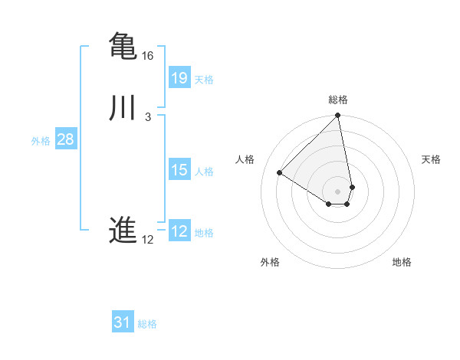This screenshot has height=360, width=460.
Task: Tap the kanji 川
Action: click(x=123, y=108)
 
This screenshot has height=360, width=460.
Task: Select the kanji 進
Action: click(x=123, y=231)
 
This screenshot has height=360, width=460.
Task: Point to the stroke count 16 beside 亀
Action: click(x=148, y=56)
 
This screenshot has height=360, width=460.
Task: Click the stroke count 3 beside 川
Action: click(x=147, y=117)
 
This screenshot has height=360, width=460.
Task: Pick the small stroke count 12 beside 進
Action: click(x=148, y=240)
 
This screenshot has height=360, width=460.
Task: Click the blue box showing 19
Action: click(x=179, y=77)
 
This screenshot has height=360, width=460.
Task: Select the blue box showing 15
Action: click(x=179, y=170)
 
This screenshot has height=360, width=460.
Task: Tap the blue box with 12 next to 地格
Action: click(x=179, y=231)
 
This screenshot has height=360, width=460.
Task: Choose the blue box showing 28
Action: click(x=65, y=139)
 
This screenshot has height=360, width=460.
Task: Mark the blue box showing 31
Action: click(x=123, y=322)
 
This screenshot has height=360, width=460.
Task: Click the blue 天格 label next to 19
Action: click(x=204, y=80)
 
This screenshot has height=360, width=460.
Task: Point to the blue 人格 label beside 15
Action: click(x=204, y=172)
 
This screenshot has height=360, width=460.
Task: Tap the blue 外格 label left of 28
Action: click(x=41, y=141)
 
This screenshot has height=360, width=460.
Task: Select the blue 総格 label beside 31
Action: click(x=147, y=324)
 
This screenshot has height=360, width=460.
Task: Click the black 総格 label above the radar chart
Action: click(x=338, y=100)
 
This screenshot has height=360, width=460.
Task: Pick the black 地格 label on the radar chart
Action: click(x=402, y=263)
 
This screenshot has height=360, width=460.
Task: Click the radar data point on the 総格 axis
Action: click(x=338, y=116)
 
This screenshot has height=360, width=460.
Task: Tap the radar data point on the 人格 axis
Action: click(x=280, y=173)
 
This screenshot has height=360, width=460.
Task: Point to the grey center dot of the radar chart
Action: click(x=338, y=191)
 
